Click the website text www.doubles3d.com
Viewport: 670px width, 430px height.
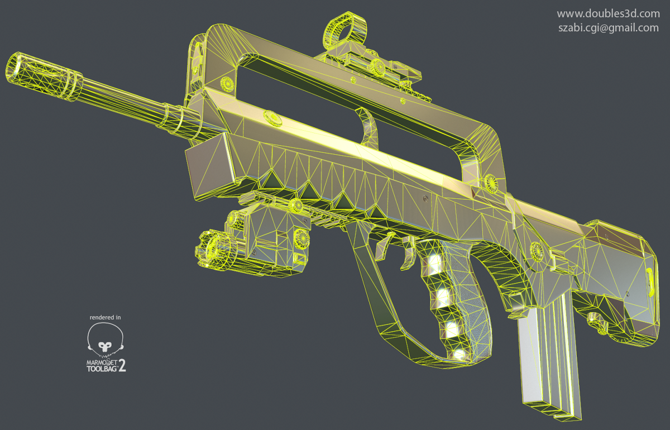pyautogui.click(x=608, y=13)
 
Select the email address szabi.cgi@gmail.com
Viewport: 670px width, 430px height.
pyautogui.click(x=608, y=28)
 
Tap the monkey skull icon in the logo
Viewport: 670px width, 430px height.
pyautogui.click(x=104, y=340)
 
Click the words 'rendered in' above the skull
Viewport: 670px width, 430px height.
pyautogui.click(x=105, y=317)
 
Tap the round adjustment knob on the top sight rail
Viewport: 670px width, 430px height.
pyautogui.click(x=377, y=67)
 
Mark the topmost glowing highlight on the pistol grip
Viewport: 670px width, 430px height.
pyautogui.click(x=434, y=260)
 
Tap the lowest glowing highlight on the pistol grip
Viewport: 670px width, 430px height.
pyautogui.click(x=459, y=353)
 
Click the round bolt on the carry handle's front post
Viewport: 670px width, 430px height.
pyautogui.click(x=228, y=84)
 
